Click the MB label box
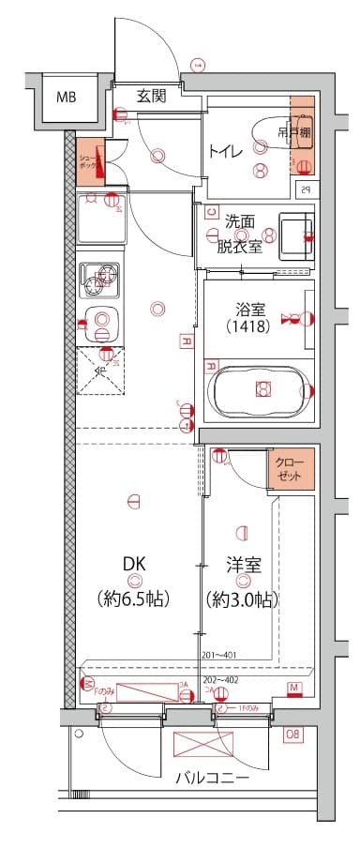pyautogui.click(x=66, y=97)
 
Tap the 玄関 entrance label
pyautogui.click(x=152, y=95)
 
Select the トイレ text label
pyautogui.click(x=225, y=149)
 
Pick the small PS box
pyautogui.click(x=305, y=189)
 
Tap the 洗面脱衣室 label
pyautogui.click(x=242, y=235)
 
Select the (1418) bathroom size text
pyautogui.click(x=248, y=327)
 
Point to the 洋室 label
pyautogui.click(x=242, y=566)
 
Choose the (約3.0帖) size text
pyautogui.click(x=242, y=598)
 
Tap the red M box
pyautogui.click(x=294, y=691)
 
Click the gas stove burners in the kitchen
pyautogui.click(x=100, y=278)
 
